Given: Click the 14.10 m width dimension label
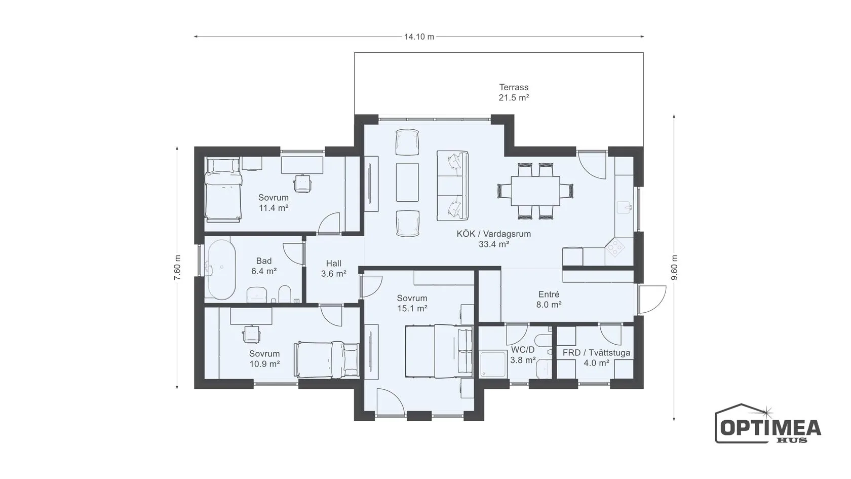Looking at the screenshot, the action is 419,37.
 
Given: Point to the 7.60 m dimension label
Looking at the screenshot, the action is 177,268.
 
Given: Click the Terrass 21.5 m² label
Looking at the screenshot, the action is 514,92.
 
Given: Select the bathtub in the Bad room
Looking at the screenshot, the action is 220,269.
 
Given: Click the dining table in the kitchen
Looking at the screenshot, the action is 535,191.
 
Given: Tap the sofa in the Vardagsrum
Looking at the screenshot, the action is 452,186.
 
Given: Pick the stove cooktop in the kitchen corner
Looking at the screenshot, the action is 616,247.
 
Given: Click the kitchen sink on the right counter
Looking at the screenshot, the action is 624,207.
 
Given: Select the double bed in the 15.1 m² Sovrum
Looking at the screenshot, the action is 439,351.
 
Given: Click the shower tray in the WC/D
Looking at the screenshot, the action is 493,364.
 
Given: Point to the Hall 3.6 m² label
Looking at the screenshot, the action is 333,269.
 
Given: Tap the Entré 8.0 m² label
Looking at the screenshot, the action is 549,299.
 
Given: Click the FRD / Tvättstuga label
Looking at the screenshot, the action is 597,353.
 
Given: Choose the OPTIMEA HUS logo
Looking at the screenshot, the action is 768,424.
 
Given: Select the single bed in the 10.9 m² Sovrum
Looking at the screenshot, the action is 327,360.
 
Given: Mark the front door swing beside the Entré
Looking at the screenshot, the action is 652,300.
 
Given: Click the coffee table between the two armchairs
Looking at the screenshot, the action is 407,182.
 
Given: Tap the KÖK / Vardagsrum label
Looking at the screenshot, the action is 493,234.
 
